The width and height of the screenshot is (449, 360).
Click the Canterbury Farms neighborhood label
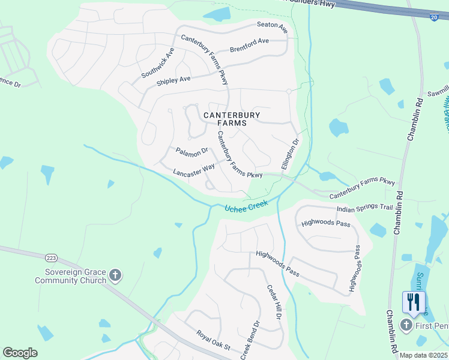(x=225, y=118)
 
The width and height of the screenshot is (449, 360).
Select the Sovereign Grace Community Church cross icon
(x=116, y=276)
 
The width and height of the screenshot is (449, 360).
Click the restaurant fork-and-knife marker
(x=413, y=301)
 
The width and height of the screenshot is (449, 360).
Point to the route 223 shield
(x=51, y=258)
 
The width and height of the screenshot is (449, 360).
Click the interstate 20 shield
(x=434, y=17)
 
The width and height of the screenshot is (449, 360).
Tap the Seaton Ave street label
(x=272, y=27)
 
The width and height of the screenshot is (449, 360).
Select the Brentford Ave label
(x=249, y=45)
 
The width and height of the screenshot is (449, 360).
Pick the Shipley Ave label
(x=173, y=80)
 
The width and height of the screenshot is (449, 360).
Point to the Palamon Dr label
(x=191, y=151)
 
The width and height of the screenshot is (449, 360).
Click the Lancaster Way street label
(x=193, y=170)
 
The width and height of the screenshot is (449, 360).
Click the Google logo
(x=20, y=353)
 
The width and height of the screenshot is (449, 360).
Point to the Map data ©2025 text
(x=423, y=355)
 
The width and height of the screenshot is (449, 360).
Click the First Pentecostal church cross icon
(x=406, y=325)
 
